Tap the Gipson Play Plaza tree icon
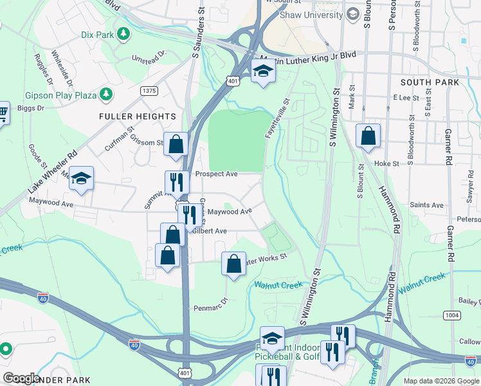tap(106, 95)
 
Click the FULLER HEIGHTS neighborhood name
tap(137, 116)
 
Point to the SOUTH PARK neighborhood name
tap(430, 82)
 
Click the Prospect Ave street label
tap(217, 174)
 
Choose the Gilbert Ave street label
tap(212, 231)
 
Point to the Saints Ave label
tap(427, 205)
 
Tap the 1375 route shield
tap(149, 91)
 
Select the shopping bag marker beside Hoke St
tap(367, 136)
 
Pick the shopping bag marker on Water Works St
tap(234, 264)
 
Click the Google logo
tap(22, 378)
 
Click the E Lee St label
tap(406, 97)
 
